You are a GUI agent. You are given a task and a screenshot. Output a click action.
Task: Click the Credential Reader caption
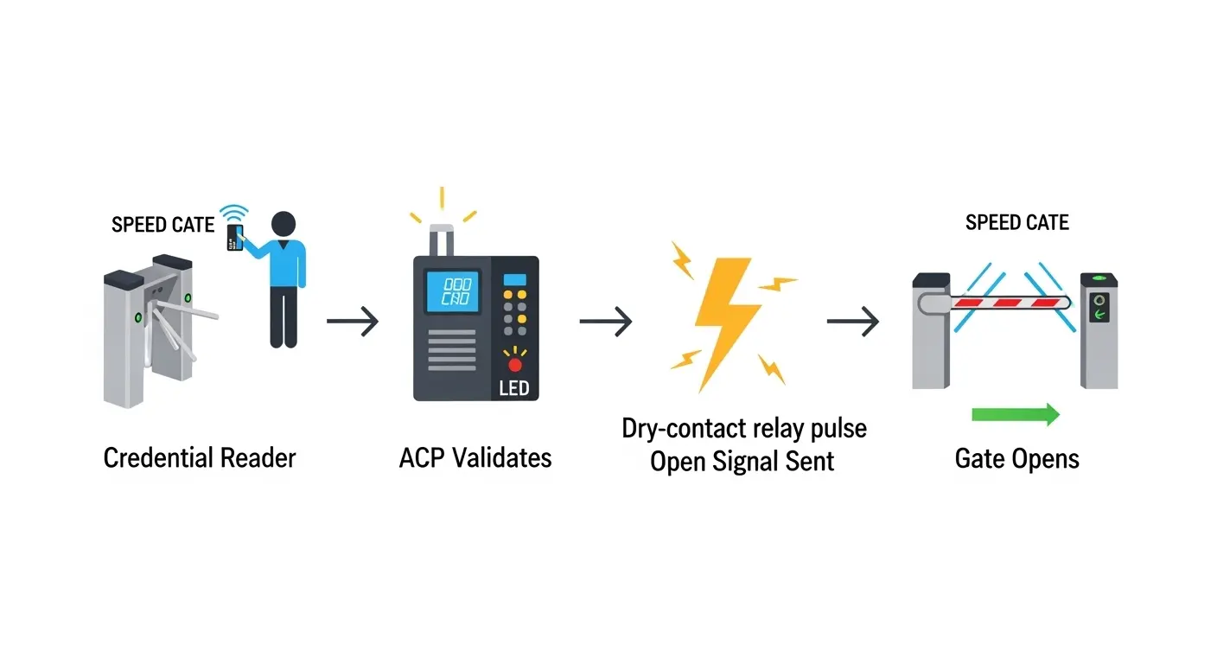coord(199,457)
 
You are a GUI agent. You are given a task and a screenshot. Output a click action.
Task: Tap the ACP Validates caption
coord(475,457)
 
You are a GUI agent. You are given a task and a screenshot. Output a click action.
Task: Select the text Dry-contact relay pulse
coord(744,428)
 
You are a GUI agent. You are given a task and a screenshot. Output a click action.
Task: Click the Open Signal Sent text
coord(742,461)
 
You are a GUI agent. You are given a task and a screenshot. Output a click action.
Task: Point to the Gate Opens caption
coord(1016,457)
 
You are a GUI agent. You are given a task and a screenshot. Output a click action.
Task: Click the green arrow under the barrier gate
coord(1016,414)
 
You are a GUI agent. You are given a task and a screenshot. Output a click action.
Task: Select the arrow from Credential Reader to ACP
coord(353,322)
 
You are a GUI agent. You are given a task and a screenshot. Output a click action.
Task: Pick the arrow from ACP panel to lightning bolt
coord(605,322)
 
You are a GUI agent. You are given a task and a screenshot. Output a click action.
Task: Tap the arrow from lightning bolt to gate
coord(852,322)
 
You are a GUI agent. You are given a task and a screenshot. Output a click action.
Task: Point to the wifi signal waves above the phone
coord(233,213)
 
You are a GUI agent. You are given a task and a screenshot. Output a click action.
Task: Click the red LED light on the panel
coord(515,365)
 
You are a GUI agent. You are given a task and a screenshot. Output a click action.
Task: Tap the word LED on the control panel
coord(514,388)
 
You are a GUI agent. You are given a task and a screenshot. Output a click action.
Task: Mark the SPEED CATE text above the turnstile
coord(162,225)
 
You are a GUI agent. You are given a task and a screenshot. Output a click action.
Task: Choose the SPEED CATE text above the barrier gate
coord(1016,222)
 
